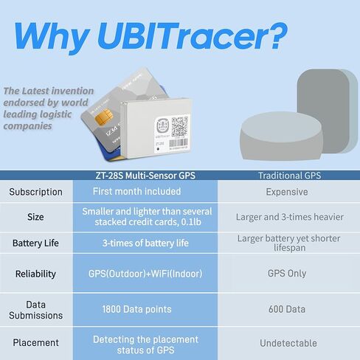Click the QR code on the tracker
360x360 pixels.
(179, 126)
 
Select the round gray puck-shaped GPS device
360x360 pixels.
(281, 136)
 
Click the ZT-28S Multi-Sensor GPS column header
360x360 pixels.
(145, 176)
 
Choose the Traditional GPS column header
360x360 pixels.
(289, 176)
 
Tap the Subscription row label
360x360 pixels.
(35, 192)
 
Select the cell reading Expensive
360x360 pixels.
(287, 192)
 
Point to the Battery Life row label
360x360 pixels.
(35, 243)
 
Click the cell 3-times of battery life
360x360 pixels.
(145, 243)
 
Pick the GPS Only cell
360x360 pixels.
(287, 273)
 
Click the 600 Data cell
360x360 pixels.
(287, 309)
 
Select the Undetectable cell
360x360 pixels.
(288, 343)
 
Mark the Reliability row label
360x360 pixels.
(35, 274)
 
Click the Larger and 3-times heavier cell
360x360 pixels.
(290, 217)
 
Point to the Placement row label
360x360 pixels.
(35, 342)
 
